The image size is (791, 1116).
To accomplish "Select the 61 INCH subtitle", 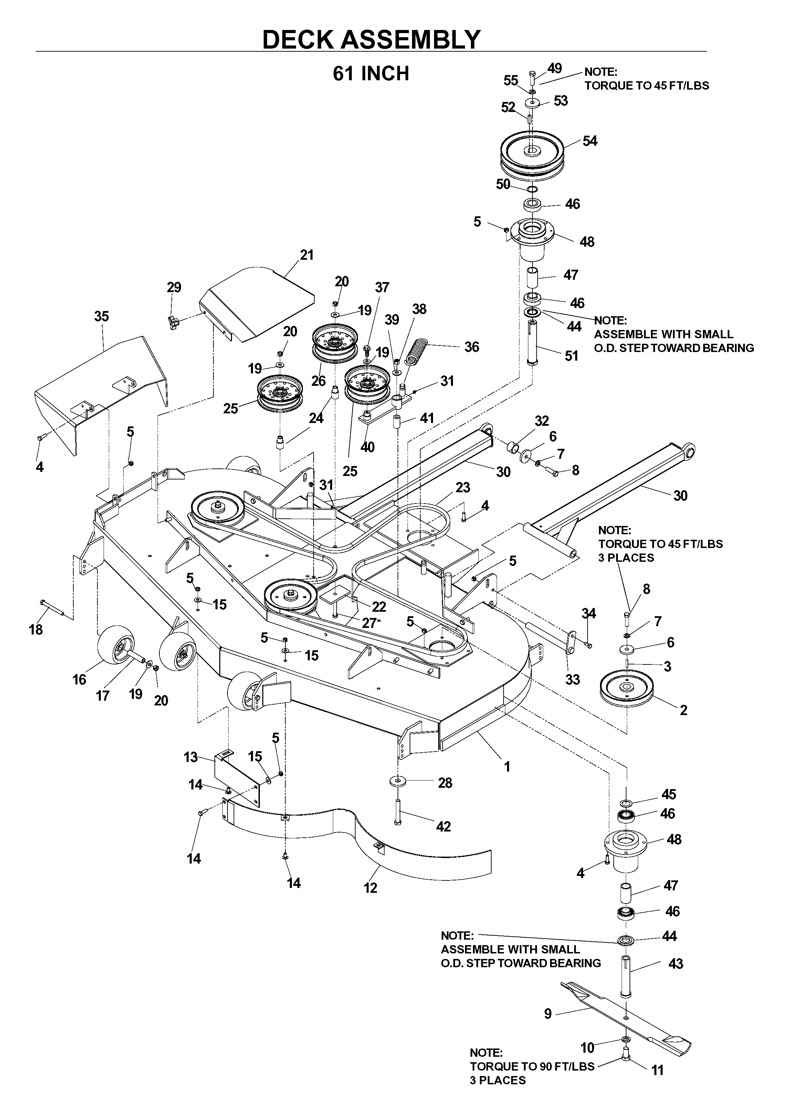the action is click(371, 74).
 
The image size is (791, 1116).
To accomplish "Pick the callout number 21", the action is click(306, 255).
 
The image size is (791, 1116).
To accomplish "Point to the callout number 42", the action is click(443, 827).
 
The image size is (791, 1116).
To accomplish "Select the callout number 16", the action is click(80, 679).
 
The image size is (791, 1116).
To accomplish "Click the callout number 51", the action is click(571, 356).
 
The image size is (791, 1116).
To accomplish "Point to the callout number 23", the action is click(463, 487).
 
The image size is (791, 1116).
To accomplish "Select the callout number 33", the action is click(573, 679).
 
